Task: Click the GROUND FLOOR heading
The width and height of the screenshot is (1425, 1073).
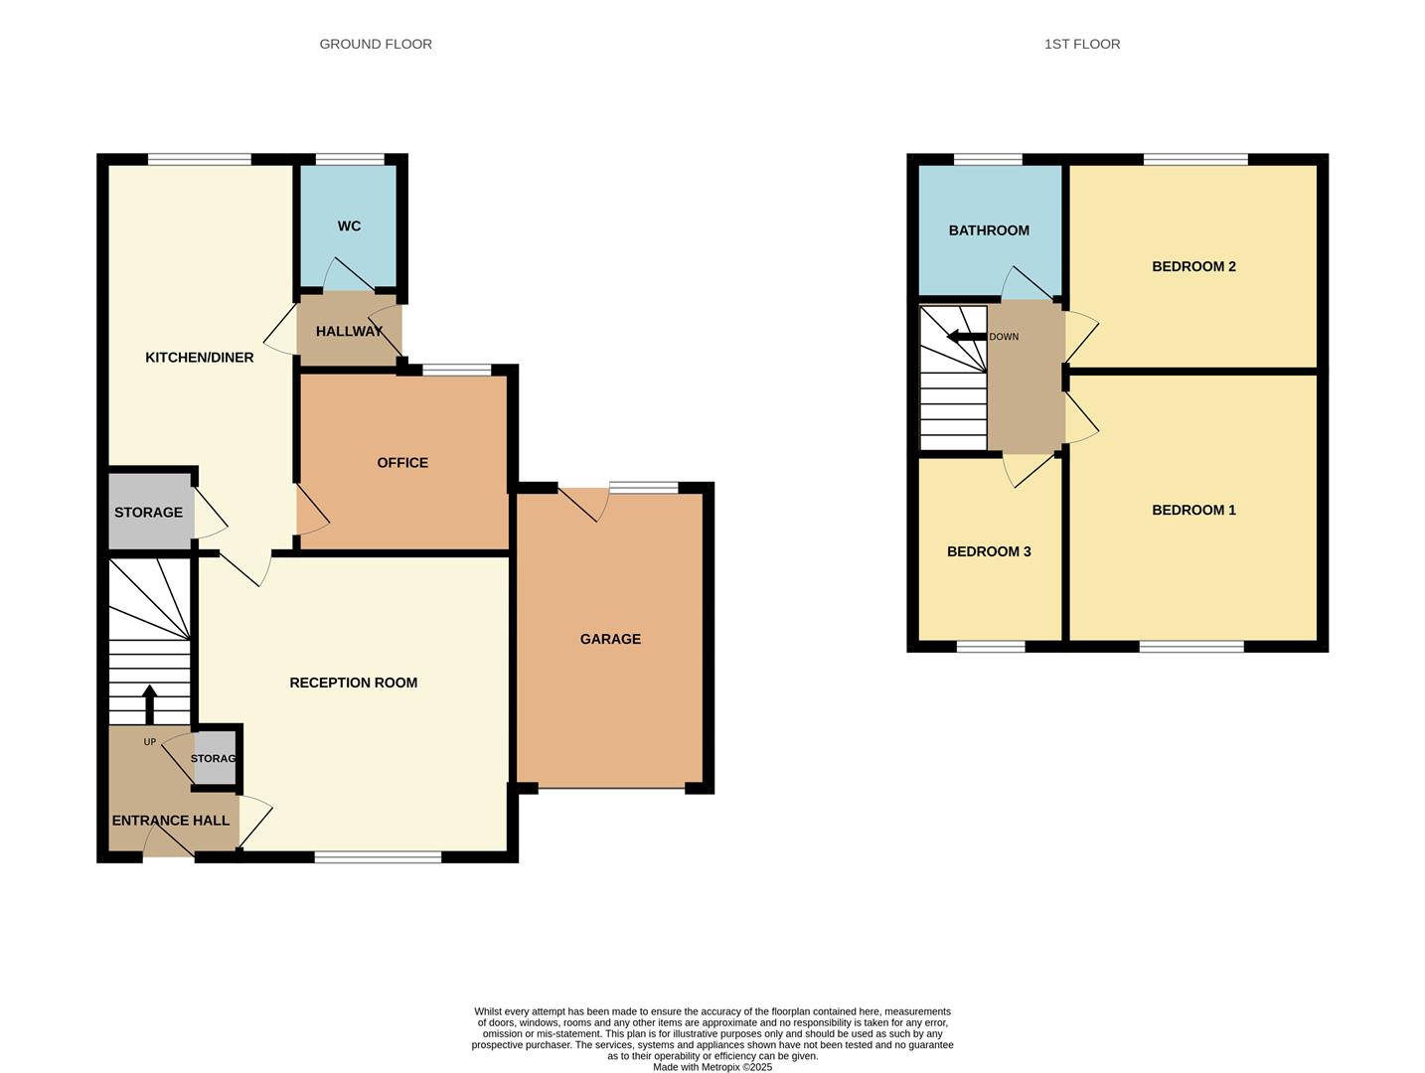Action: point(376,44)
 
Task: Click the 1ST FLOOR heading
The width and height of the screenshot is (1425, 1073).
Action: point(1081,44)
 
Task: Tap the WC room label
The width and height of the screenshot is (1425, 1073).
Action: point(349,227)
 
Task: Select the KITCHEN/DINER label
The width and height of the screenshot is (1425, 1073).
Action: point(200,358)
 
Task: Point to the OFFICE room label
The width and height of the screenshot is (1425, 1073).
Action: point(402,463)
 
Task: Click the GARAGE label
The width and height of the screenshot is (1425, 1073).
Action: point(610,639)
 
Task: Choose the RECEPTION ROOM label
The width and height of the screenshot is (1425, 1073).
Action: point(353,683)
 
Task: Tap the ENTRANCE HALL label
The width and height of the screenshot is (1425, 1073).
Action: point(171,821)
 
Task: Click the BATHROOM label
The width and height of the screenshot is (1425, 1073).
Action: point(988,230)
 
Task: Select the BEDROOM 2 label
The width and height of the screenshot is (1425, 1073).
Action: point(1193,266)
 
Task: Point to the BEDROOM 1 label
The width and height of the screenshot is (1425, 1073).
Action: point(1193,511)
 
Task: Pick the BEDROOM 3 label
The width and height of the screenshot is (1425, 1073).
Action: point(988,551)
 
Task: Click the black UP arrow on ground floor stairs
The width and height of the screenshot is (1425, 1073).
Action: point(150,702)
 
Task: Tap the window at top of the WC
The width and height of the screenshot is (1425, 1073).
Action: point(350,159)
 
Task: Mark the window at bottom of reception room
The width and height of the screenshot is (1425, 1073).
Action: point(378,856)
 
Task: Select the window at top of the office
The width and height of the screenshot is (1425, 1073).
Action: point(456,371)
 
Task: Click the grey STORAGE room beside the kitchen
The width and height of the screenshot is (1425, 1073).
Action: point(149,512)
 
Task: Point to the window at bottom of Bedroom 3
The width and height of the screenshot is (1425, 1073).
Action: point(990,647)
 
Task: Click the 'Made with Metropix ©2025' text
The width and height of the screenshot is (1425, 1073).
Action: point(712,1067)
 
